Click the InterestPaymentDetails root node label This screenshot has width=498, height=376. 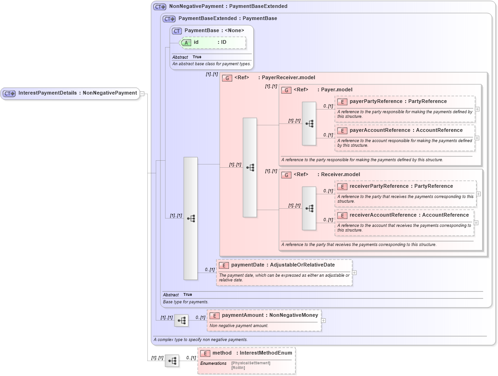[x=77, y=93]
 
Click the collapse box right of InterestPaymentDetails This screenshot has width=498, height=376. [x=142, y=93]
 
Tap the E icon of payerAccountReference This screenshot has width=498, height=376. [x=342, y=130]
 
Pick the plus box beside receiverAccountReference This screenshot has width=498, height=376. [x=476, y=223]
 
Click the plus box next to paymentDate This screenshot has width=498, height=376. [x=354, y=273]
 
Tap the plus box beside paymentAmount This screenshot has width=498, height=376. [x=324, y=321]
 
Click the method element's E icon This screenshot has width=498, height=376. [x=205, y=353]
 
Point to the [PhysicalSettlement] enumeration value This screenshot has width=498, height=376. [x=250, y=363]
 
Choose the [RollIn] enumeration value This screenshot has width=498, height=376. [x=238, y=368]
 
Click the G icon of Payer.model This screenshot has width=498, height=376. [x=286, y=90]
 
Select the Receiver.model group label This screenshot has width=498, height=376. [x=340, y=175]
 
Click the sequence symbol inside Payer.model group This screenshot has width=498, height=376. [x=309, y=123]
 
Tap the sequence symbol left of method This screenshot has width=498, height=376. [x=172, y=361]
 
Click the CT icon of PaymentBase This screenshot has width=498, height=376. [x=177, y=31]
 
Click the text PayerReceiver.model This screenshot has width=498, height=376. [x=288, y=78]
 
